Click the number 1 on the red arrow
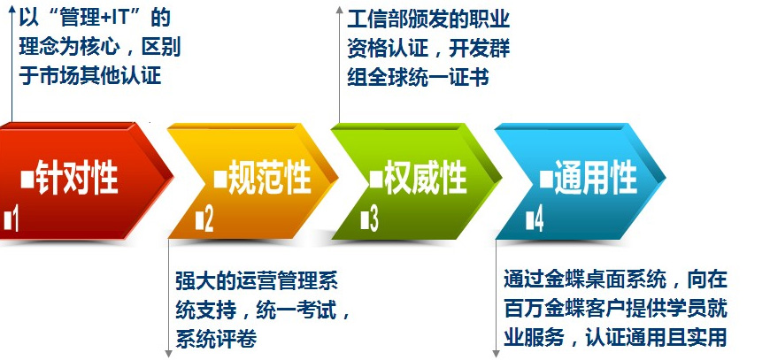[x=15, y=219]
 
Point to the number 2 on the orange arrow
[x=209, y=219]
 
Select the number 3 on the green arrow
[x=374, y=219]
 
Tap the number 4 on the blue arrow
[x=539, y=219]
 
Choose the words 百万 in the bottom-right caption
[x=524, y=309]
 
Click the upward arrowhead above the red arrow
[x=12, y=11]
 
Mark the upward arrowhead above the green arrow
[x=339, y=11]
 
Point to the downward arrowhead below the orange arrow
[x=168, y=353]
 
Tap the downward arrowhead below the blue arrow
[x=496, y=353]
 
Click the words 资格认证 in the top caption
[x=387, y=49]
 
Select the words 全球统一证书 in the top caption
[x=428, y=77]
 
